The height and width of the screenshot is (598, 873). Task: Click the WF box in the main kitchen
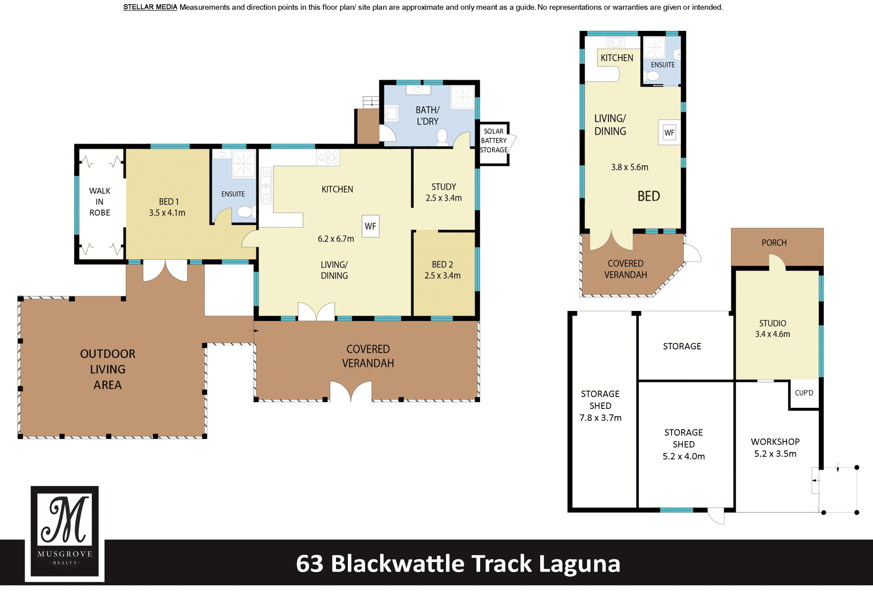[x=371, y=226]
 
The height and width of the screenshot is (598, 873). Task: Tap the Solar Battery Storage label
[x=494, y=141]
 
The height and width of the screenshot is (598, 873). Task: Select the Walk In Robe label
[x=100, y=201]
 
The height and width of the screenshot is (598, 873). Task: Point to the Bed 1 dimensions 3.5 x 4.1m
[x=167, y=212]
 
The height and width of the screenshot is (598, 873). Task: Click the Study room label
[x=444, y=187]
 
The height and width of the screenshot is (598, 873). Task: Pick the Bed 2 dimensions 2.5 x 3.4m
[x=442, y=276]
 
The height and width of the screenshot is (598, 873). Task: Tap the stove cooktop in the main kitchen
[x=328, y=158]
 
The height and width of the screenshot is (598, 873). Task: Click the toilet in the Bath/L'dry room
[x=442, y=137]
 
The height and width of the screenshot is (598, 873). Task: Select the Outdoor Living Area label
[x=108, y=369]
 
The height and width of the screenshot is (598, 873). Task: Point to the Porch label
[x=774, y=243]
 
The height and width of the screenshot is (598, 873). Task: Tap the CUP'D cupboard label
[x=804, y=393]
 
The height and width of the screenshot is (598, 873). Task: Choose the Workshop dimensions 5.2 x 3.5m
[x=775, y=454]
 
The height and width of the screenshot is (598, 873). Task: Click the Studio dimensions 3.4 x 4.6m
[x=773, y=334]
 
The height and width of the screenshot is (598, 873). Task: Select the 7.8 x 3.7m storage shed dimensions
[x=600, y=418]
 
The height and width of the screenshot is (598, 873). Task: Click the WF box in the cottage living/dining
[x=669, y=133]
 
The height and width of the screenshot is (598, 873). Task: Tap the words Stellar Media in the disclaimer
[x=150, y=7]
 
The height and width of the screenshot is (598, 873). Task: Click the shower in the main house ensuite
[x=243, y=163]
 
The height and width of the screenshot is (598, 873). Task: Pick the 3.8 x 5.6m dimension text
[x=630, y=167]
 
